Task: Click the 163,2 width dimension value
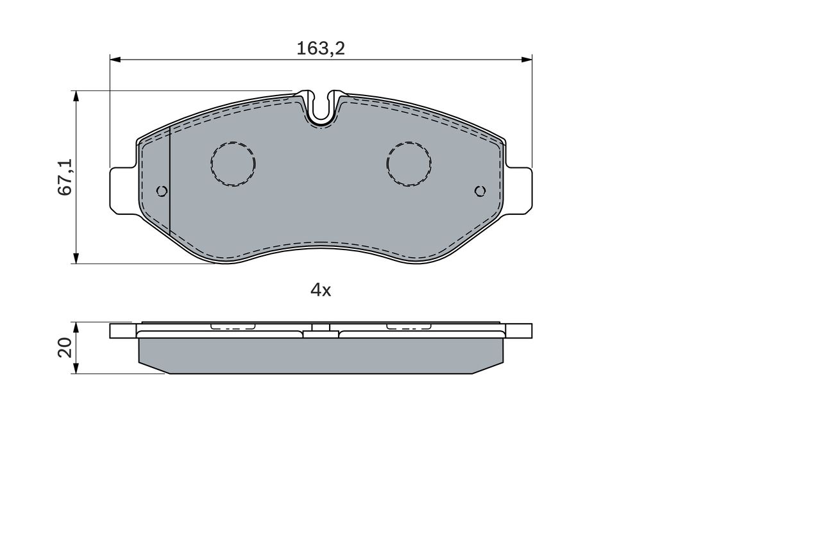[321, 49]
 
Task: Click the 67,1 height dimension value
[65, 178]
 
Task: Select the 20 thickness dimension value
[65, 348]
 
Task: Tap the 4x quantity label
[321, 290]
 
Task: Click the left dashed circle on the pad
[233, 164]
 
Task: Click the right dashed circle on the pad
[409, 164]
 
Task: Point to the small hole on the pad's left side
[162, 190]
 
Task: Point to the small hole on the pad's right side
[480, 190]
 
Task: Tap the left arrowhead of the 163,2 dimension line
[115, 60]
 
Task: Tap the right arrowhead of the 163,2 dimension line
[527, 60]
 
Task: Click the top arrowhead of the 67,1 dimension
[76, 96]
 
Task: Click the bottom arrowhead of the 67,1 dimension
[76, 258]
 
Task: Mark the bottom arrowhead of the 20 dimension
[76, 369]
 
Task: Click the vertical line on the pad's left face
[169, 180]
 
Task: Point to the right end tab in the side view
[519, 331]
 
